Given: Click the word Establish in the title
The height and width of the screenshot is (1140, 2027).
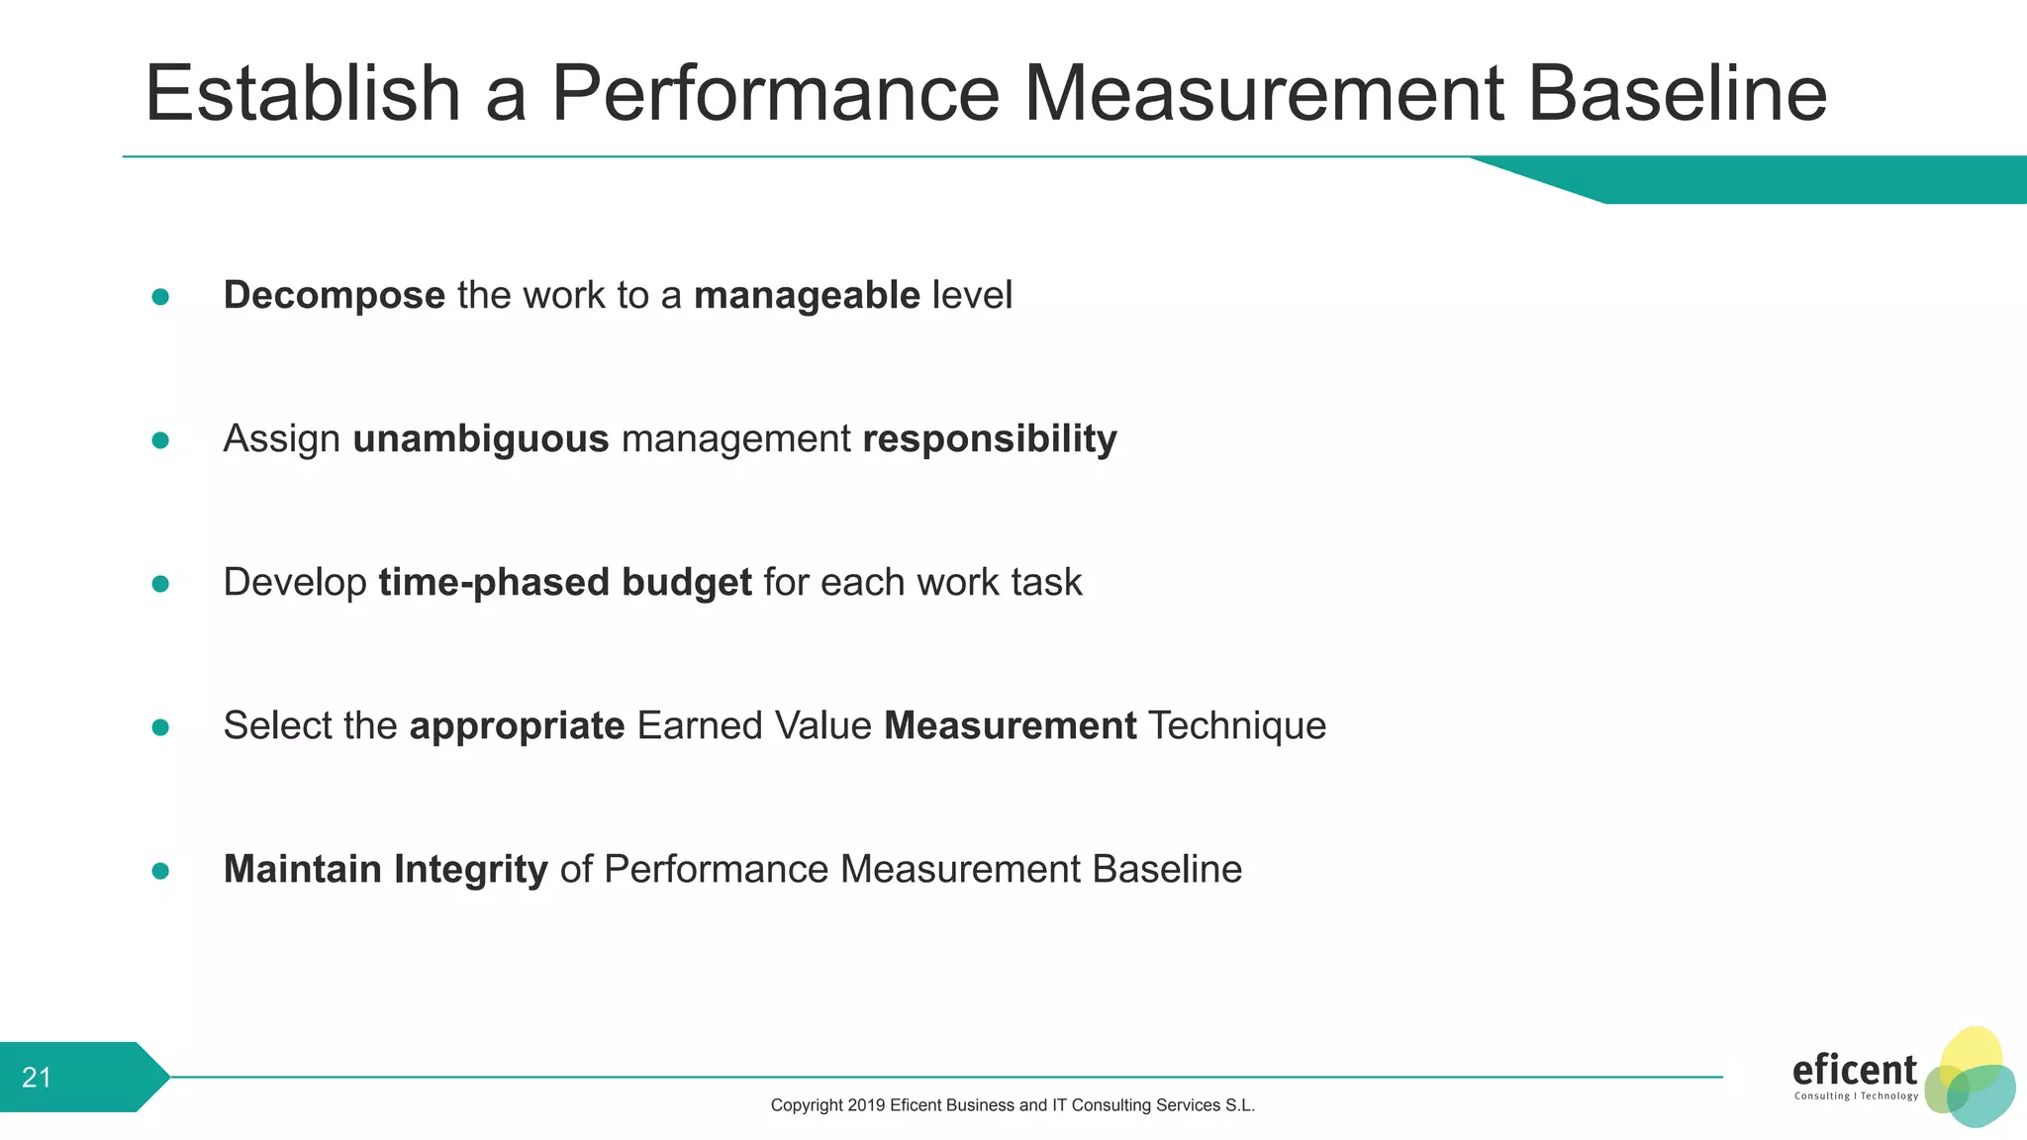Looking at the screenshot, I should (302, 94).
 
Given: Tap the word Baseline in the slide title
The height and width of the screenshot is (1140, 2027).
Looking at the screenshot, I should (1677, 94).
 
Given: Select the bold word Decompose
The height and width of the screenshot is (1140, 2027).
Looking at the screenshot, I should (335, 296).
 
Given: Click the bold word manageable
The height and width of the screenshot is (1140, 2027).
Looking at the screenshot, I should (807, 296).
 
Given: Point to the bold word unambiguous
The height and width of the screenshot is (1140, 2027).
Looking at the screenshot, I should (481, 439).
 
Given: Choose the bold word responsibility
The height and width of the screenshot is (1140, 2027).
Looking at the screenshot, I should (990, 439).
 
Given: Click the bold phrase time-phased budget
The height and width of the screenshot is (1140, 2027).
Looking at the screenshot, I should (565, 583).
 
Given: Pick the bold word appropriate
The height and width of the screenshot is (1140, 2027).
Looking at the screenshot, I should (517, 726).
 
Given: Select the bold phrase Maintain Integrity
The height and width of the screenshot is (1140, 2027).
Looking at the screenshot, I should (385, 870).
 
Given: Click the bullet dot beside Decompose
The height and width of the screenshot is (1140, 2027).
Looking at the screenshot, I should (160, 297).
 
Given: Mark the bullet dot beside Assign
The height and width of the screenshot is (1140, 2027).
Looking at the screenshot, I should (160, 440).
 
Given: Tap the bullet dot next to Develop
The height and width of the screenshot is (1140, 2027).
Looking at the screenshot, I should (160, 584).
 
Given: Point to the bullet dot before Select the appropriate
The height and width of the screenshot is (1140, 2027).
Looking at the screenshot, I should (160, 727).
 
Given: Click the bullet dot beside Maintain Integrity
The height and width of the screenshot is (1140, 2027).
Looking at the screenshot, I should (160, 871).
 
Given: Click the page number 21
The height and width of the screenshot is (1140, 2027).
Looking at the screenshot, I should (37, 1078).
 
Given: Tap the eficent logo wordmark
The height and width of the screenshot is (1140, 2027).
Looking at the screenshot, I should (1854, 1071).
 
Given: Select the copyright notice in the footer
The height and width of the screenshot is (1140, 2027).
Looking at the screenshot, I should (1013, 1105).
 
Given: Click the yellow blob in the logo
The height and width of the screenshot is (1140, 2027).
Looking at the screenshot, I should (1972, 1051).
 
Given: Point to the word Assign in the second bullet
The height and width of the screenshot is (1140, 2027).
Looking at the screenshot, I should (282, 439).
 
